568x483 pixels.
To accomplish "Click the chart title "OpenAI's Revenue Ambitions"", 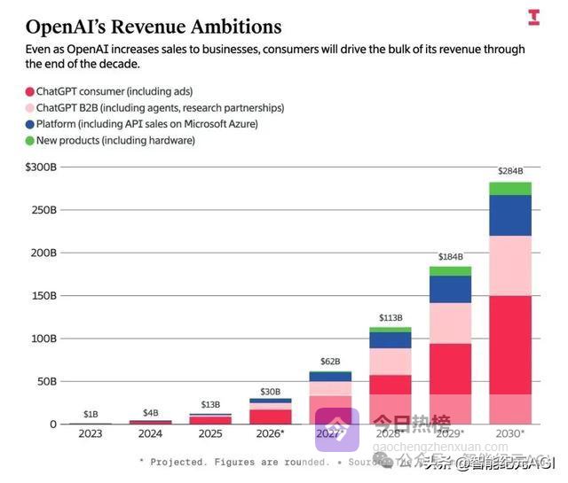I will coord(154,27).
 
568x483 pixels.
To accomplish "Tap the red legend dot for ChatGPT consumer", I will coord(29,91).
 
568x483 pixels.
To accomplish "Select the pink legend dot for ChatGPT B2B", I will coord(29,108).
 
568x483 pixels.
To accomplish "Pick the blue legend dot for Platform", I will coord(29,124).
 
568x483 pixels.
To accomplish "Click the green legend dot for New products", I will coord(29,141).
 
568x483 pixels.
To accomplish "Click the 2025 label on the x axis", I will coord(209,433).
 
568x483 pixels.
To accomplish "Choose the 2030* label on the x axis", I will coord(510,433).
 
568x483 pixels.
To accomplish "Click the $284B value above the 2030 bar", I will coord(510,171).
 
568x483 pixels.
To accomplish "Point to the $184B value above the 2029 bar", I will coord(451,257).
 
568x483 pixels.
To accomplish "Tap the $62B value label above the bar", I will coord(330,361).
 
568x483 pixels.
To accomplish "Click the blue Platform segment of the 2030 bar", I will coord(510,215).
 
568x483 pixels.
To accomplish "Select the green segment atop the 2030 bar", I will coord(510,189).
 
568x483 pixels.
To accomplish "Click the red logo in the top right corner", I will coord(533,17).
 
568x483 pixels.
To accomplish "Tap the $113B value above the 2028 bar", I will coord(390,317).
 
